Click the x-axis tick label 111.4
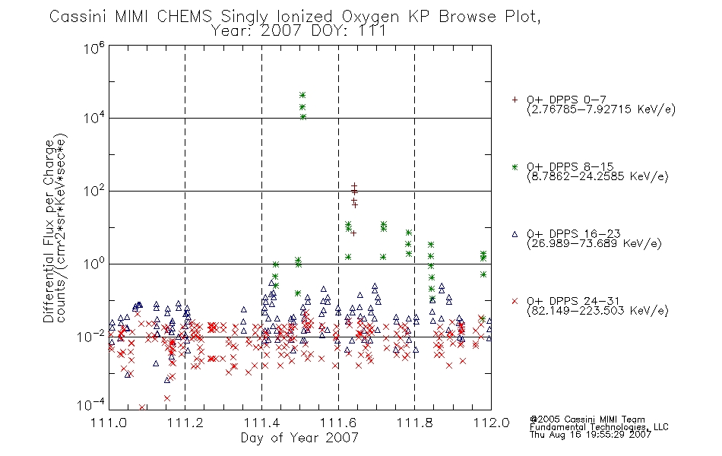click(x=261, y=423)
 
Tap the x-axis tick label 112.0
click(x=491, y=423)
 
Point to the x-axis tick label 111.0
click(x=109, y=423)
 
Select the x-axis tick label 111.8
click(x=414, y=423)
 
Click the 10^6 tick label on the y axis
click(x=94, y=48)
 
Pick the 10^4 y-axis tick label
click(x=94, y=118)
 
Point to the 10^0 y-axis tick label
click(x=94, y=264)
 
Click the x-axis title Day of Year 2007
click(x=299, y=438)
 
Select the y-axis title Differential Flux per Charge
click(x=49, y=231)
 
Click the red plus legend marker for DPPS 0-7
click(x=515, y=100)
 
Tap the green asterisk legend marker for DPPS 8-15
click(x=515, y=167)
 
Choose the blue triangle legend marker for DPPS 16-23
click(x=515, y=234)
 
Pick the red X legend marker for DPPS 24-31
click(x=515, y=301)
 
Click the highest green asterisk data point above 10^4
click(x=302, y=95)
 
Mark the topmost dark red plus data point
click(x=354, y=185)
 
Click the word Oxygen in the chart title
click(x=370, y=17)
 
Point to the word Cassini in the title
click(x=78, y=17)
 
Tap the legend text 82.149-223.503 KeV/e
click(x=597, y=311)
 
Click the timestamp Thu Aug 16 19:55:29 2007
click(x=591, y=434)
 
